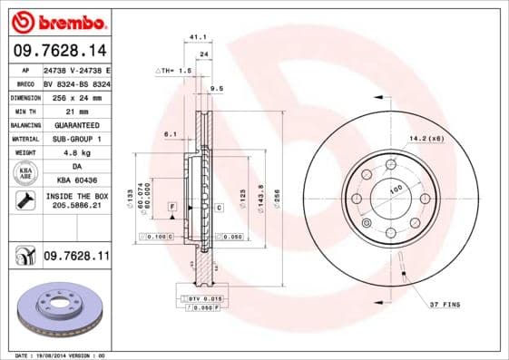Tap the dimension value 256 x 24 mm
(76, 95)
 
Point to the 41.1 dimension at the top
(193, 37)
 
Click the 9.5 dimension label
(216, 88)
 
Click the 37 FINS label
(445, 303)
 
